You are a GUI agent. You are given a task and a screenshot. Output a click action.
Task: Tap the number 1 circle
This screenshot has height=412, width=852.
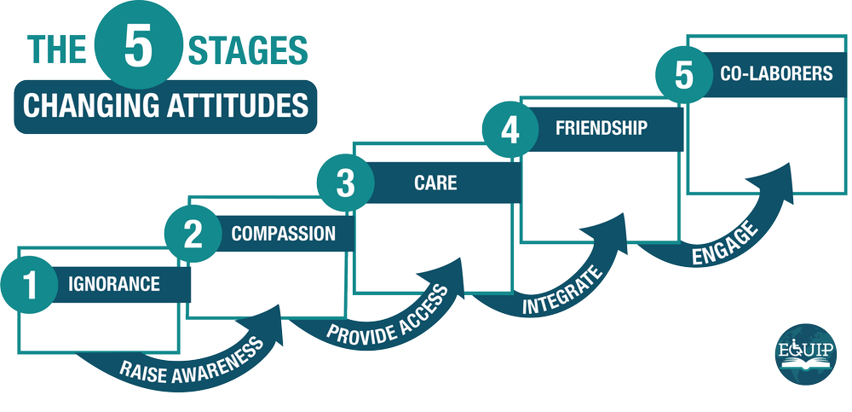(31, 285)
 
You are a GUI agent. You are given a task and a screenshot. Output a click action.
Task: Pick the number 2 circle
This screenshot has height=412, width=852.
(193, 234)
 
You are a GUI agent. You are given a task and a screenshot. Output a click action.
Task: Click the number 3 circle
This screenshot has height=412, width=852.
(344, 183)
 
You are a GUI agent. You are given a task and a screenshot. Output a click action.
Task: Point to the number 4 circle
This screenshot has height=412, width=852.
(509, 130)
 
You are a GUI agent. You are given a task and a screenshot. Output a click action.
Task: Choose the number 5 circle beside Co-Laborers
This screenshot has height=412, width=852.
(684, 75)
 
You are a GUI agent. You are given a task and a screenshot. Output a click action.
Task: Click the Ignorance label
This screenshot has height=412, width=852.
(114, 284)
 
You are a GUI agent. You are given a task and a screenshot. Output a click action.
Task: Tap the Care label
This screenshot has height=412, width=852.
(435, 183)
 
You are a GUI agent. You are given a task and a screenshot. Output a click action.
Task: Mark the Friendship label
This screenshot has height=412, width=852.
(602, 129)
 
